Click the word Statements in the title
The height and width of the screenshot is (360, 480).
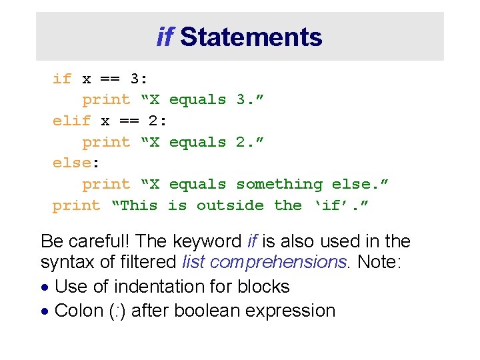(x=251, y=37)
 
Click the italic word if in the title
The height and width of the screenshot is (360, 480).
(x=165, y=37)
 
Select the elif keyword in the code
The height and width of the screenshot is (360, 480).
(x=71, y=121)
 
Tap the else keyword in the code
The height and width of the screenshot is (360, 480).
(x=71, y=163)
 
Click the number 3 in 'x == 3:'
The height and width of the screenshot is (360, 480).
(x=135, y=79)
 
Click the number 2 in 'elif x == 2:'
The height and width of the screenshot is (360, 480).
(x=153, y=121)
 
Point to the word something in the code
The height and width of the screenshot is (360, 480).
(x=279, y=184)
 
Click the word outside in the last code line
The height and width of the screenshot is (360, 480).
(x=230, y=205)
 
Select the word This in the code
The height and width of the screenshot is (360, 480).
(x=138, y=205)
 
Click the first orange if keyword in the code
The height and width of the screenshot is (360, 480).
(x=62, y=79)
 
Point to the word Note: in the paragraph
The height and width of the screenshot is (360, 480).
(x=379, y=263)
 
